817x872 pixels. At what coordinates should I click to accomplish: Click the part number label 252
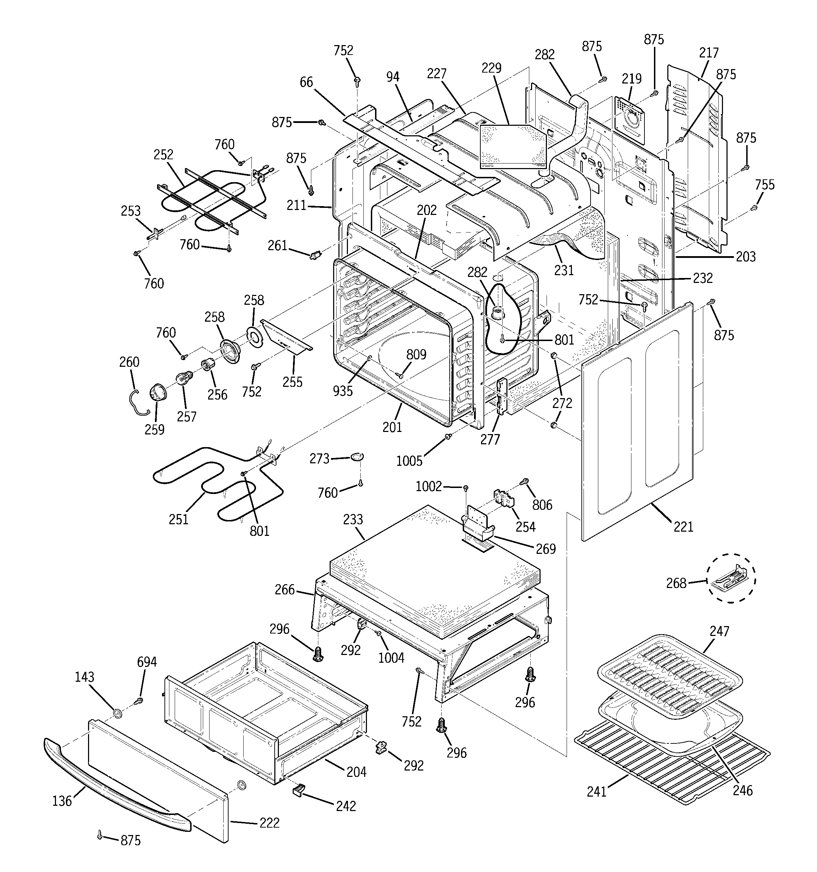tap(163, 154)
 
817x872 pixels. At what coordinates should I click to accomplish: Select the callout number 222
tap(269, 822)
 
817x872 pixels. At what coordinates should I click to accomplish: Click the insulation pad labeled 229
tap(511, 145)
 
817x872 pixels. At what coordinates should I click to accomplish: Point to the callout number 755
tap(765, 185)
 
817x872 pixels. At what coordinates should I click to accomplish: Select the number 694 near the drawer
tap(146, 661)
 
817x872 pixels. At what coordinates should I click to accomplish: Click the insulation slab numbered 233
tap(434, 570)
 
